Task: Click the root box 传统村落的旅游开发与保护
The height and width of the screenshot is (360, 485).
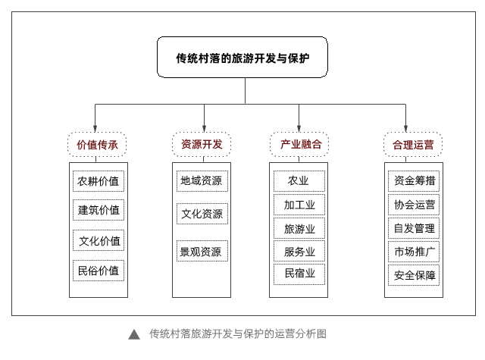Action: tap(242, 57)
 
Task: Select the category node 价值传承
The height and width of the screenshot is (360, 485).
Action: tap(97, 145)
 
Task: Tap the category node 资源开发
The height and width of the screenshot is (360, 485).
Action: tap(202, 144)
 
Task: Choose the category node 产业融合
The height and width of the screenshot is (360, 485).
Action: tap(299, 144)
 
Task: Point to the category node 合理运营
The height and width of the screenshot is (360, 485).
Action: tap(413, 145)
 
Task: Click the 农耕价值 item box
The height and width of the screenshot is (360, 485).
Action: tap(99, 181)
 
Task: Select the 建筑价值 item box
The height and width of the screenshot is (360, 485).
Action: tap(99, 210)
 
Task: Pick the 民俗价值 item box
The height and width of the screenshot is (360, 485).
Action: tap(99, 271)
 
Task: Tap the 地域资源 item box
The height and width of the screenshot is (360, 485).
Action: tap(202, 181)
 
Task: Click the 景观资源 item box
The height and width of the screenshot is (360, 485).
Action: tap(202, 251)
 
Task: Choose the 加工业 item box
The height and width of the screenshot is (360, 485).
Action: tap(299, 205)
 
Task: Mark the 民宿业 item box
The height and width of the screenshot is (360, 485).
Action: tap(299, 274)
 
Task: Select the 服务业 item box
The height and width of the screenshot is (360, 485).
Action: tap(299, 251)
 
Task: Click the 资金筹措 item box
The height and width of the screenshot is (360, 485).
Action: tap(414, 181)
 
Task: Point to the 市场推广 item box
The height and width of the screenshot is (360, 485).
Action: tap(414, 252)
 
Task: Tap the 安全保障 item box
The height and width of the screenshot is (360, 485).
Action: tap(414, 275)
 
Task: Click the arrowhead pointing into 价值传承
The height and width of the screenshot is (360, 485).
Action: tap(95, 129)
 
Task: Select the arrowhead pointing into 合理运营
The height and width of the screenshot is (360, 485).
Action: tap(405, 129)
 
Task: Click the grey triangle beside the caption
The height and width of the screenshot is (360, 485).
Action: tap(134, 335)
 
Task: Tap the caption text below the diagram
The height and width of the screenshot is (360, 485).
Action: tap(237, 333)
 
